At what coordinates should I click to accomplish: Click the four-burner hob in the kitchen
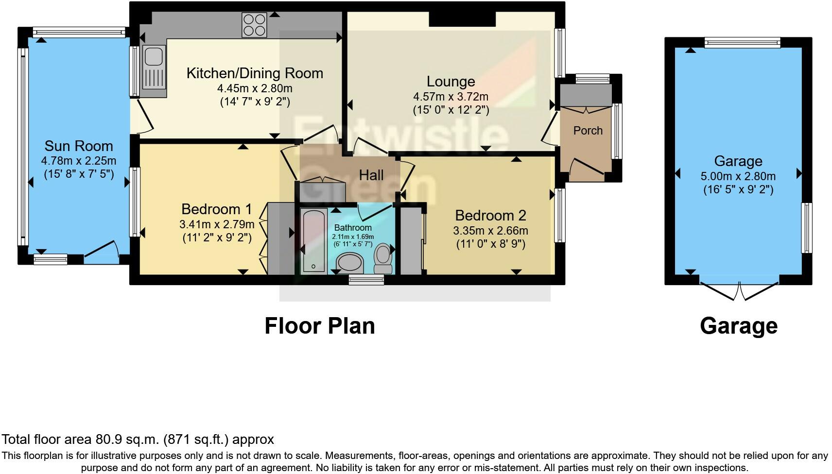coord(254,25)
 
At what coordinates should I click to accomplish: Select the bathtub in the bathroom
coord(314,241)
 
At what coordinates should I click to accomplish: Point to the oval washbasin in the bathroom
coord(349,263)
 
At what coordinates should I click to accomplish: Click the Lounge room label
coord(451,81)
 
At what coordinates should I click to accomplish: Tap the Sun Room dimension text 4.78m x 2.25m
coord(79,161)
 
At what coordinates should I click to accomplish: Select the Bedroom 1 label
coord(217,209)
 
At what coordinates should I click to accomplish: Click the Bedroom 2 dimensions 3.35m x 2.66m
coord(490,231)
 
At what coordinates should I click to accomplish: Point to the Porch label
coord(588,131)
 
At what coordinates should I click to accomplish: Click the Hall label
coord(371,175)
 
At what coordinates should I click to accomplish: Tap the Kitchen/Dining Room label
coord(255,73)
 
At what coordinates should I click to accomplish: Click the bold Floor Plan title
coord(320,326)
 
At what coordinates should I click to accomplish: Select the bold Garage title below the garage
coord(738,326)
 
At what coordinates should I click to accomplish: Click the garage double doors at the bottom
coord(739,290)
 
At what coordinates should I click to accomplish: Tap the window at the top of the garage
coord(743,43)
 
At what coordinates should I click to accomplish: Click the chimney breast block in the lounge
coord(462,19)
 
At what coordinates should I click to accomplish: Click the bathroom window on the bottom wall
coord(366,280)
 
